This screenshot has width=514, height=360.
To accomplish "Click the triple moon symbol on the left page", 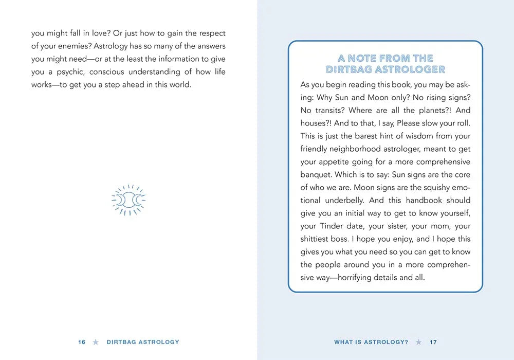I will pos(128,199).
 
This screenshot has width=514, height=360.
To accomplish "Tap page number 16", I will pos(82,342).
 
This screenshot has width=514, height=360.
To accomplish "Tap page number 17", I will pos(433,342).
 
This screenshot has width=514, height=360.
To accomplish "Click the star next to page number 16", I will pos(96,342).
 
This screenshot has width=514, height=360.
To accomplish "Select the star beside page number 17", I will pos(419,342).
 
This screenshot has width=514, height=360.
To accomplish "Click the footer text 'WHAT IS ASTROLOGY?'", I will pos(371,342).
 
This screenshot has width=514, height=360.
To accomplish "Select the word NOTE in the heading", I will pos(363,58).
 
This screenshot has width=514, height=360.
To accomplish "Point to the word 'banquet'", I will pos(316,175).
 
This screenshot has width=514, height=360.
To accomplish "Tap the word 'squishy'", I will pos(433,188).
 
